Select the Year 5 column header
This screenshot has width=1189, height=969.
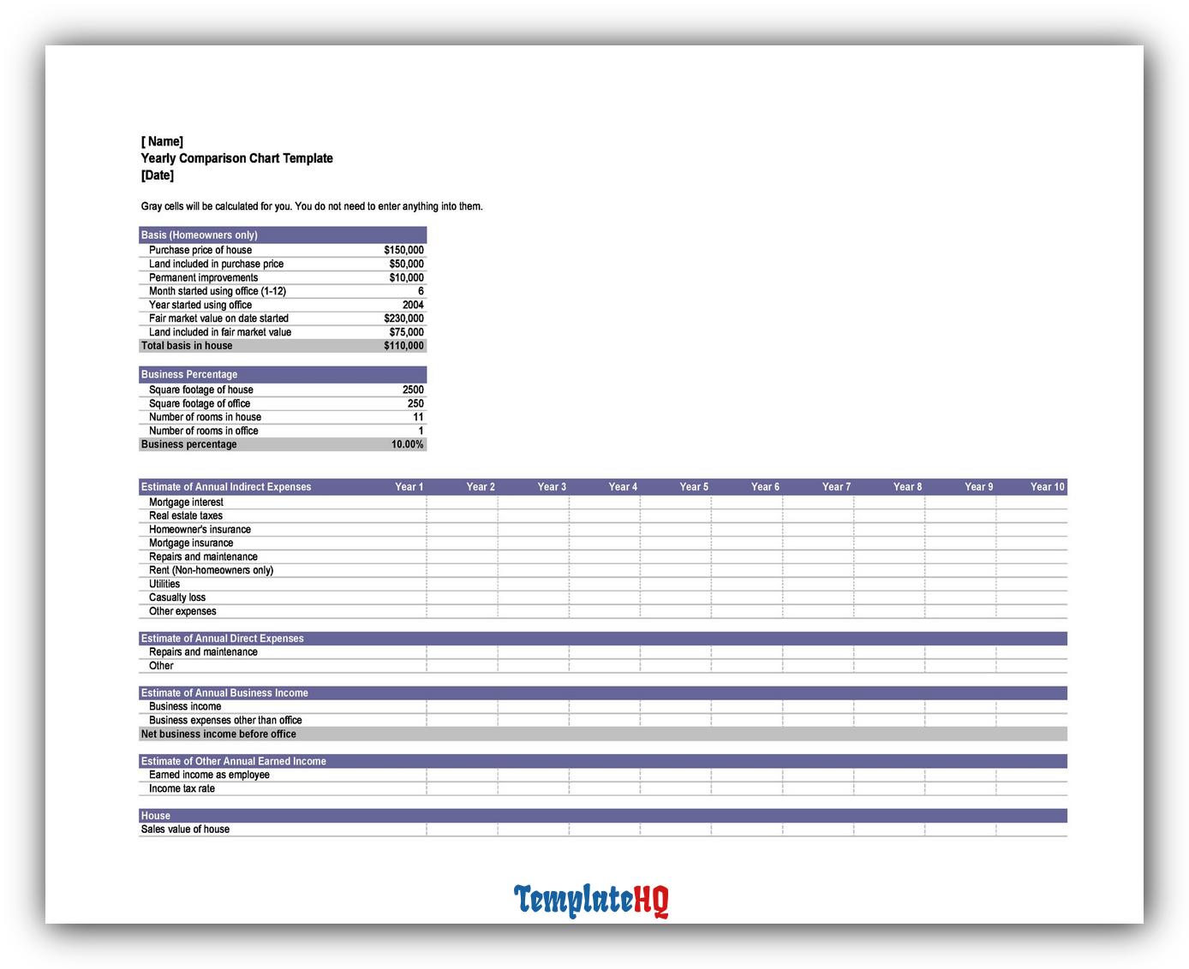pyautogui.click(x=694, y=487)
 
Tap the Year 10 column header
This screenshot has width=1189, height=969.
pyautogui.click(x=1047, y=487)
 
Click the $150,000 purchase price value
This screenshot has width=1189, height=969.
pyautogui.click(x=403, y=250)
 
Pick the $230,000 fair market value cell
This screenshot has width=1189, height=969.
pyautogui.click(x=403, y=318)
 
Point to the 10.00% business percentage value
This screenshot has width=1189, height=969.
pyautogui.click(x=407, y=444)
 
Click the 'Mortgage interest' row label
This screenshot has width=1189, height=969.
pyautogui.click(x=186, y=502)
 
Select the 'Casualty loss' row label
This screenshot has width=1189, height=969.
pyautogui.click(x=177, y=597)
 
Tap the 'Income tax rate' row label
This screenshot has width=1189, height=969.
pyautogui.click(x=182, y=788)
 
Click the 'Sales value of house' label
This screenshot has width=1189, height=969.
pyautogui.click(x=185, y=829)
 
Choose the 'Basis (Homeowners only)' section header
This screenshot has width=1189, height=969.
pyautogui.click(x=199, y=235)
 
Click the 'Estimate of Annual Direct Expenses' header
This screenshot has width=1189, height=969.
pyautogui.click(x=222, y=639)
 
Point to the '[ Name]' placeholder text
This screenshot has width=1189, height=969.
pyautogui.click(x=162, y=141)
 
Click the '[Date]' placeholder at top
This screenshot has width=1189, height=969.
pyautogui.click(x=157, y=175)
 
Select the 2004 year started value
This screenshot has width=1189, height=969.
pyautogui.click(x=413, y=305)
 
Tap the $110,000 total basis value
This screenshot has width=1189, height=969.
pyautogui.click(x=403, y=346)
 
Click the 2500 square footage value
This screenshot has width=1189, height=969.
pyautogui.click(x=413, y=389)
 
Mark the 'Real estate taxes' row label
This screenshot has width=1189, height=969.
pyautogui.click(x=186, y=516)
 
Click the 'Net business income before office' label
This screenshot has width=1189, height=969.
pyautogui.click(x=218, y=734)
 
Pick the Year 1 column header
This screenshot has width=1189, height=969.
pyautogui.click(x=409, y=487)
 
